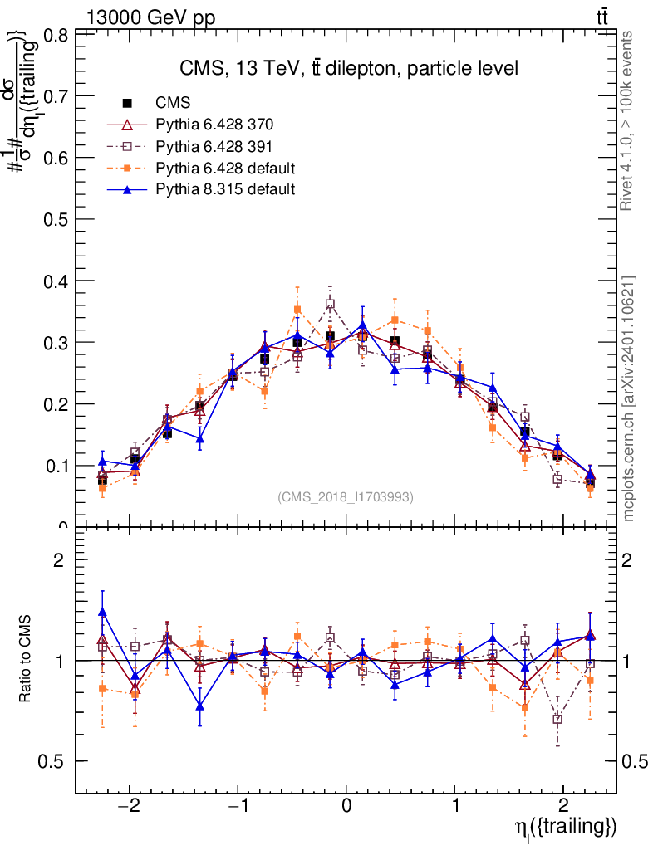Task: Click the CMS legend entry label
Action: (x=174, y=104)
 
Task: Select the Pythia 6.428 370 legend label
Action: (x=215, y=125)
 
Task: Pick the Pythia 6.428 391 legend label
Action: (x=215, y=147)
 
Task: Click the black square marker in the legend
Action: (x=128, y=104)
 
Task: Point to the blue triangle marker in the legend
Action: (x=128, y=189)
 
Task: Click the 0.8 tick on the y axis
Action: (x=56, y=35)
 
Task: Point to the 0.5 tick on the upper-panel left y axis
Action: (x=56, y=219)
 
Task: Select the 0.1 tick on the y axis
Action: (x=56, y=466)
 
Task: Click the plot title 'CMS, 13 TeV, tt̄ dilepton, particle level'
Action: (x=349, y=68)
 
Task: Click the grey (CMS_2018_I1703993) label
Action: (x=346, y=496)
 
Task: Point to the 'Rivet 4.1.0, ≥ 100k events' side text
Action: (x=628, y=120)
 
